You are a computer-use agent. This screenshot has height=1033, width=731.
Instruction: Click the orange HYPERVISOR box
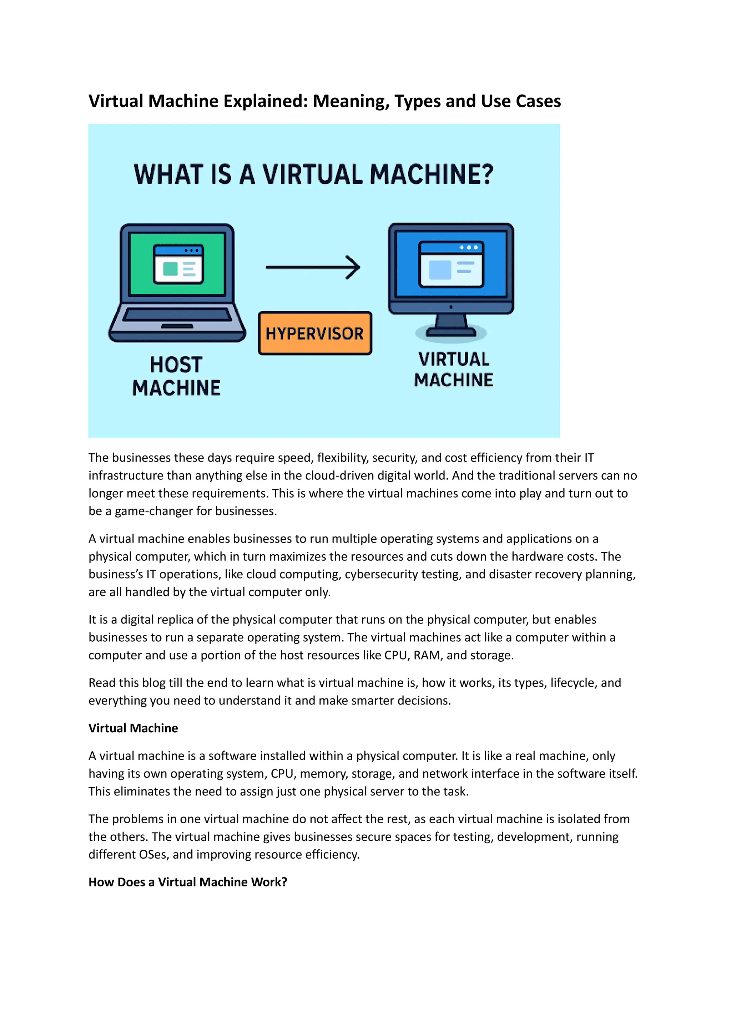(314, 334)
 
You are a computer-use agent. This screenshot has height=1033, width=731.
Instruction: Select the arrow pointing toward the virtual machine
(313, 267)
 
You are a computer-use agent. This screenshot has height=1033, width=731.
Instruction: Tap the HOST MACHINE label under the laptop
(176, 376)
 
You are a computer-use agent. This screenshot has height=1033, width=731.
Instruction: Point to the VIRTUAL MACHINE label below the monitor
(453, 370)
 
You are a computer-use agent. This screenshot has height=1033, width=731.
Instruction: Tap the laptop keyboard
(177, 314)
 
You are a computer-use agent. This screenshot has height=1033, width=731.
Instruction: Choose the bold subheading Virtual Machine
(133, 728)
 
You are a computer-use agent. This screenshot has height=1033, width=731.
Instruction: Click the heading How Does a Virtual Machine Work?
(188, 882)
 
